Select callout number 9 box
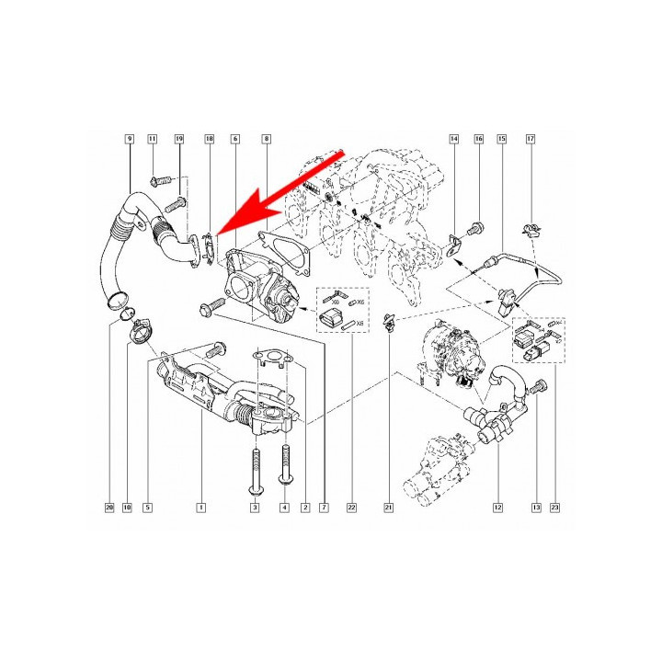(130, 138)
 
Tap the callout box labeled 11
(153, 138)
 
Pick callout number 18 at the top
(210, 138)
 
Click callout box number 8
(266, 138)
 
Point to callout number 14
(453, 138)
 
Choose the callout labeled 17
(530, 138)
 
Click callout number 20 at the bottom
(108, 507)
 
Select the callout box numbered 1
(200, 507)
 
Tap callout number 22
(351, 507)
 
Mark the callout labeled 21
(389, 507)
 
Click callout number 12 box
(498, 507)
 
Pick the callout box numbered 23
(554, 507)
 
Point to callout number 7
(324, 507)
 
